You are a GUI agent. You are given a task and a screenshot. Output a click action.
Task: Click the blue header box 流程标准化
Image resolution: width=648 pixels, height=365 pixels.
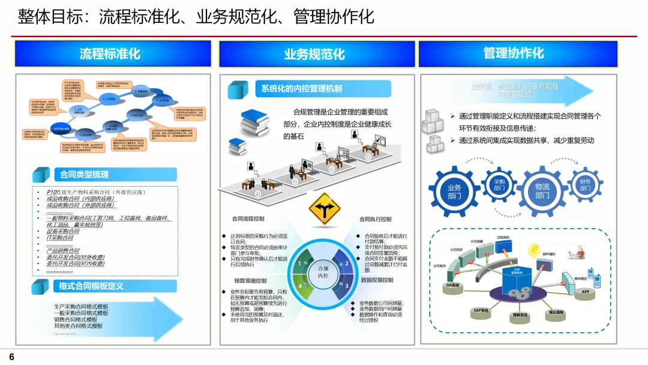[113, 53]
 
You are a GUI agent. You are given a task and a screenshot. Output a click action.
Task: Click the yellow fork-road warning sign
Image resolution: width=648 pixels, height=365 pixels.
[324, 210]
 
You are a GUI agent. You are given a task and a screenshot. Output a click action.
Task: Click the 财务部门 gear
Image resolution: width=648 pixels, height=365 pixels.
[585, 186]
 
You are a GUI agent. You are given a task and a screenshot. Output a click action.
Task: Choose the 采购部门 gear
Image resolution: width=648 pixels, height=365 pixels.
[499, 184]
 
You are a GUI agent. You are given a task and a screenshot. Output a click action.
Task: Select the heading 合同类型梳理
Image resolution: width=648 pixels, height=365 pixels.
[84, 175]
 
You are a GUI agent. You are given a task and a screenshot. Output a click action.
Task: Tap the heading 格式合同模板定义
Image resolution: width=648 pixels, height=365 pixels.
[91, 286]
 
